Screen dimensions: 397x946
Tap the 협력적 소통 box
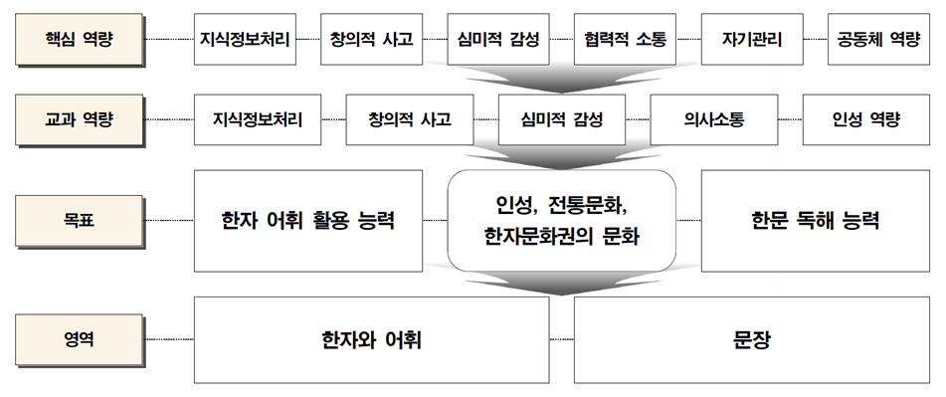626,41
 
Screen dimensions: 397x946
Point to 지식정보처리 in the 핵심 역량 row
245,41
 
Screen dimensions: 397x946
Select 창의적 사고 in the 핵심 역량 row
371,41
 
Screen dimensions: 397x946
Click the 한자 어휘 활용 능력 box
308,220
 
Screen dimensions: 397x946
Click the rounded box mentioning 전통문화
561,220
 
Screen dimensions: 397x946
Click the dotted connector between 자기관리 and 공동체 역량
815,41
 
